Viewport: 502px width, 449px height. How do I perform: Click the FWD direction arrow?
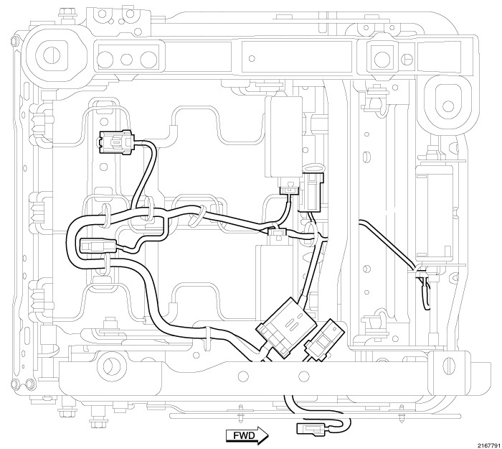247,434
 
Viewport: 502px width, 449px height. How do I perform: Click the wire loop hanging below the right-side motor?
425,291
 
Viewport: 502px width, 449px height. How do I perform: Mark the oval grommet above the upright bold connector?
314,172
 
